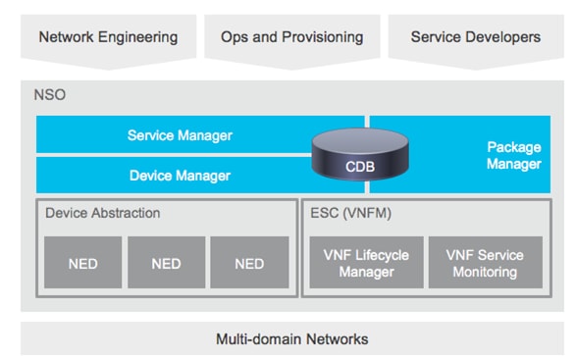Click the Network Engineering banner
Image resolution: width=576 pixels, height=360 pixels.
click(108, 37)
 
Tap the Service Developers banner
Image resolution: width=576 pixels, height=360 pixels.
click(475, 37)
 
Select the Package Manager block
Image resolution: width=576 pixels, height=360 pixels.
click(512, 155)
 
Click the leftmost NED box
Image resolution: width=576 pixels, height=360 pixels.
click(83, 263)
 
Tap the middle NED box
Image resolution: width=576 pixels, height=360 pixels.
click(166, 263)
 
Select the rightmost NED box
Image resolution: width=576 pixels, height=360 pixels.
click(249, 263)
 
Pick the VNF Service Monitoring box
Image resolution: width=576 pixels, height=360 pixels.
click(485, 263)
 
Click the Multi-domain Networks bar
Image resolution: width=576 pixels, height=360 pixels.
click(291, 338)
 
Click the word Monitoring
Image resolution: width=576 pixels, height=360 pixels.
click(485, 272)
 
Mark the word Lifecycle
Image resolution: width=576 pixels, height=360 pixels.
click(381, 255)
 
